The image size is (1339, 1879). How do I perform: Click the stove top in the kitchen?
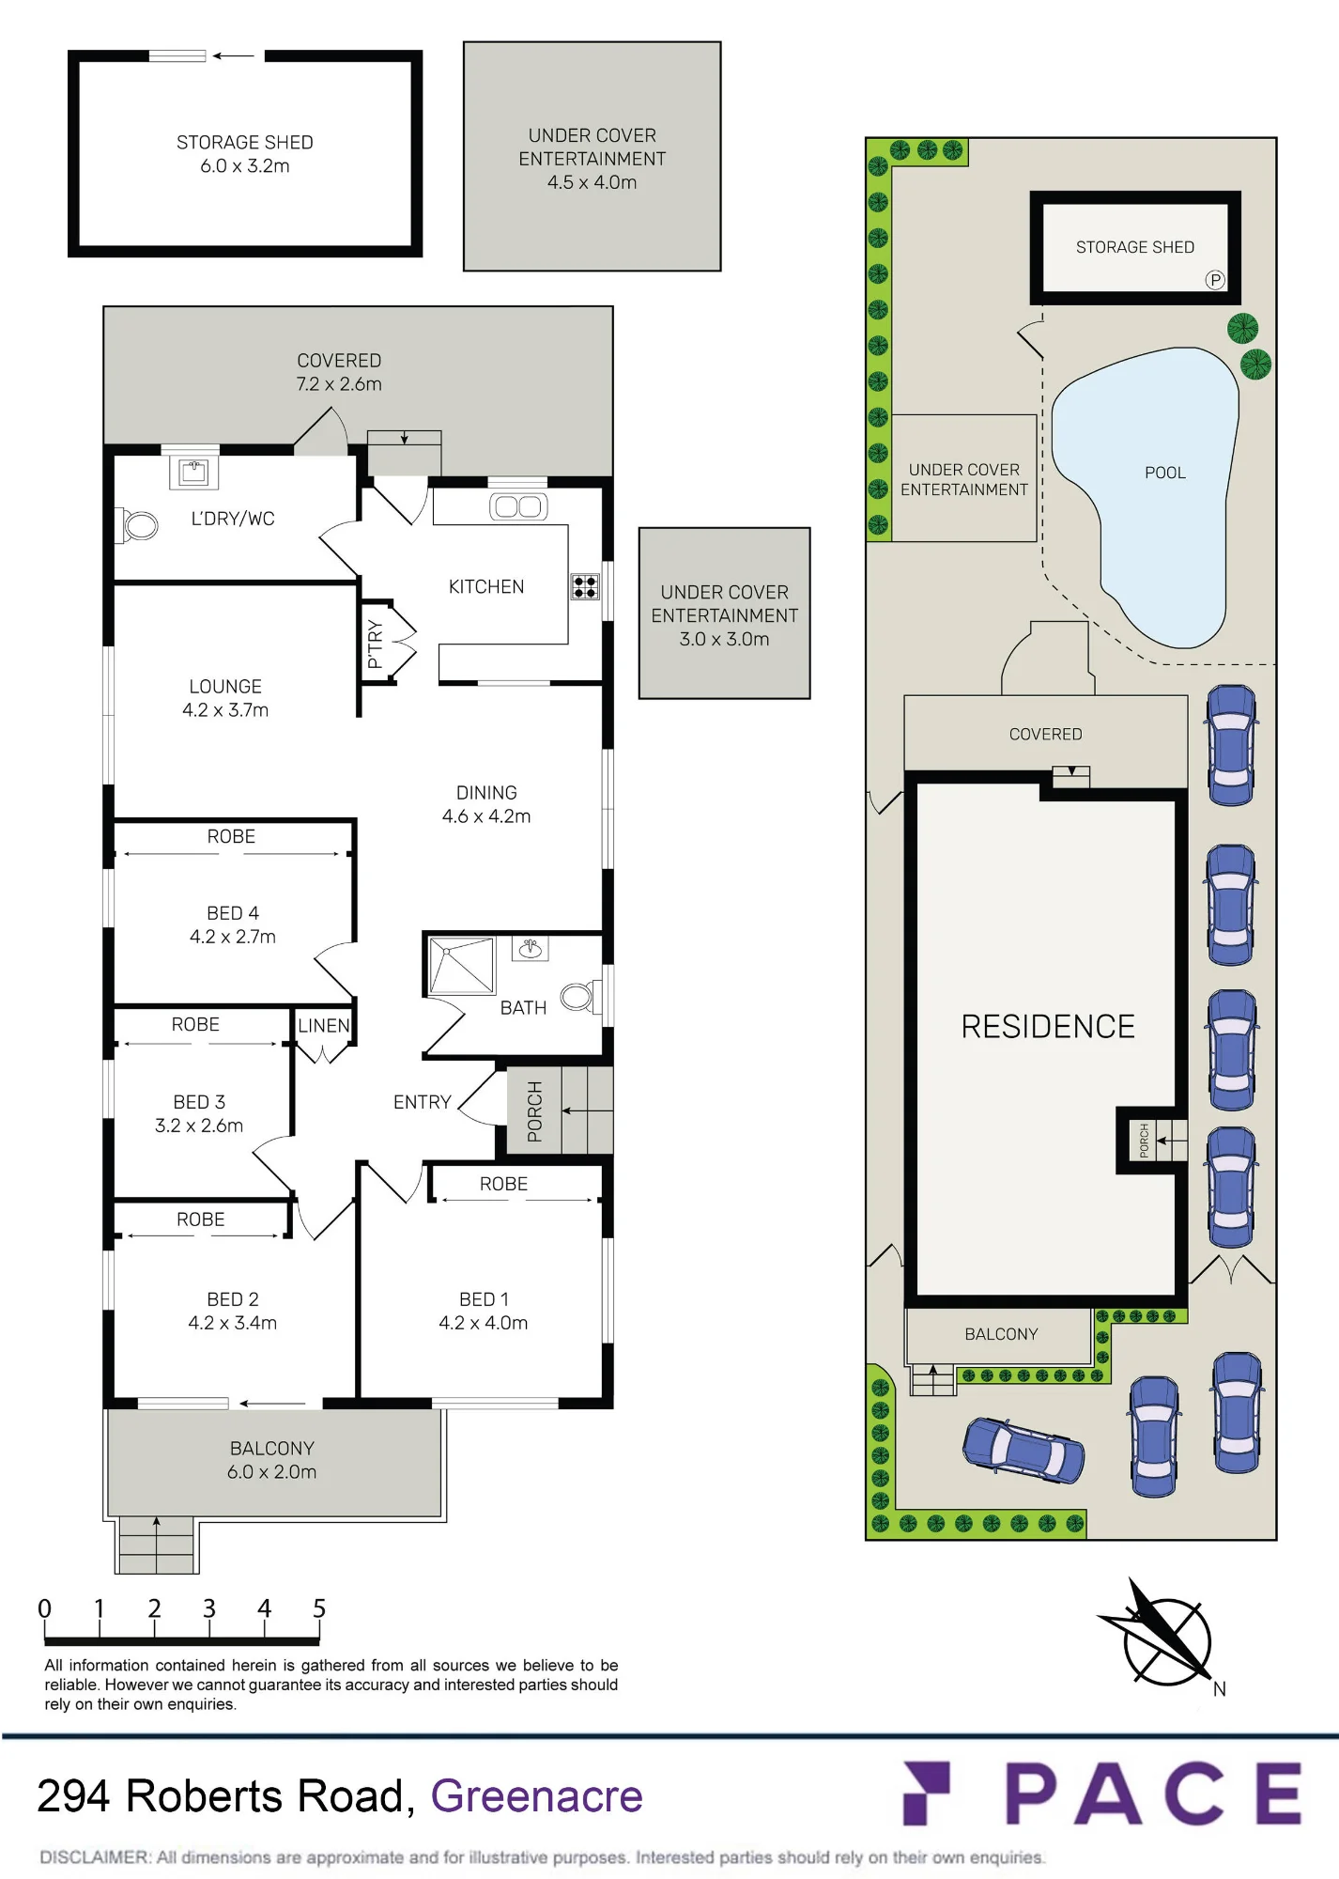click(x=585, y=587)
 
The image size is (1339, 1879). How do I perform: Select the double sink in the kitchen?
click(x=517, y=507)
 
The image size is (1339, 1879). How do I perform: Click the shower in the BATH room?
click(x=461, y=966)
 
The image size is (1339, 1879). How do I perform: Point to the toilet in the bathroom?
click(x=577, y=997)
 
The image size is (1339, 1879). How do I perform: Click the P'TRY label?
click(x=375, y=644)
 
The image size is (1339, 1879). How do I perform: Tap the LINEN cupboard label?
click(x=324, y=1026)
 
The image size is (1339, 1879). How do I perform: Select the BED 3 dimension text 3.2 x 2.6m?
click(x=199, y=1126)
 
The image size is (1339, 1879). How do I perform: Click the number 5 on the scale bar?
click(x=319, y=1609)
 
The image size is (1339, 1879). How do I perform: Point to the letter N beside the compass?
click(x=1220, y=1689)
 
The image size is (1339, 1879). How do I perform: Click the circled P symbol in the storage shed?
click(x=1215, y=280)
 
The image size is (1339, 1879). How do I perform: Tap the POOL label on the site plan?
click(x=1165, y=473)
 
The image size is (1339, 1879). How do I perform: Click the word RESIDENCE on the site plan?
click(x=1048, y=1027)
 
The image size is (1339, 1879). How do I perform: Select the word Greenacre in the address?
click(x=537, y=1796)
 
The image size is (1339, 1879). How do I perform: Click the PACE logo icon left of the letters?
click(x=927, y=1794)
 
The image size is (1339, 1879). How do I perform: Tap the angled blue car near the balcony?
click(x=1023, y=1450)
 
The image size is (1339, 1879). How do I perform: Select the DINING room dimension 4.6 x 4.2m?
click(x=486, y=816)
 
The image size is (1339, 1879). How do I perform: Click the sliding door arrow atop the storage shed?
click(x=233, y=56)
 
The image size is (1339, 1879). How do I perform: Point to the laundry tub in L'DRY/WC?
click(x=193, y=472)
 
